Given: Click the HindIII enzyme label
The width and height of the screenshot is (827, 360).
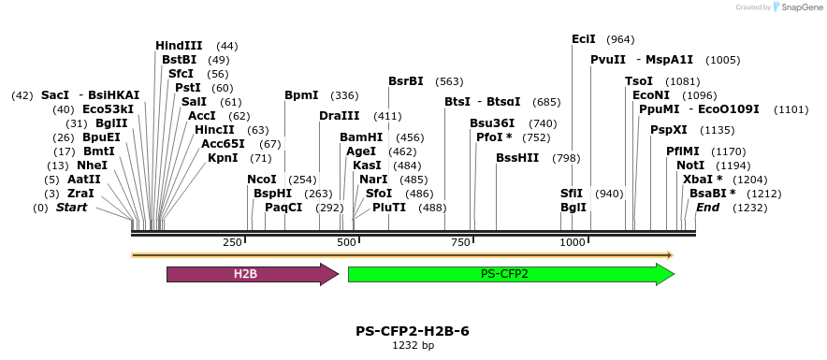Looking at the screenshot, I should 179,46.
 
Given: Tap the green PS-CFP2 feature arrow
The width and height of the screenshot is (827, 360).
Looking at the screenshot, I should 510,274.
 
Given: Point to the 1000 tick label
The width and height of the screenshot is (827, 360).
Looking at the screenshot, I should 573,243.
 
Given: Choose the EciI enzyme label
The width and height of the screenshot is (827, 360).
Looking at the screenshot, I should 584,39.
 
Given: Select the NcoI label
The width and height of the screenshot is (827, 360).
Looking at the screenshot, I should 262,180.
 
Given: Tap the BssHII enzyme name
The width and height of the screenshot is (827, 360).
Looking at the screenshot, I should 517,157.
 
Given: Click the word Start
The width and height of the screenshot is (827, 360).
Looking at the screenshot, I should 72,208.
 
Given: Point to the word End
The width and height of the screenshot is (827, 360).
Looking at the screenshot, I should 708,208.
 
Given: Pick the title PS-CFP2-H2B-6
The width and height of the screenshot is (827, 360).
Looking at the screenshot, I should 413,330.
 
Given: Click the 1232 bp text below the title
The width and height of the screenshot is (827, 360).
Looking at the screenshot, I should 413,345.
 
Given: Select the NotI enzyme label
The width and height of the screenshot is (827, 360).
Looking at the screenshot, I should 690,166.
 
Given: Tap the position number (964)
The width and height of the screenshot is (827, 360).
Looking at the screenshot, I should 620,39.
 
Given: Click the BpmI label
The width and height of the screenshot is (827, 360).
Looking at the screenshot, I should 301,95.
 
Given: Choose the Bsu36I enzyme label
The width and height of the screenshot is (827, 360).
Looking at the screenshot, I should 492,123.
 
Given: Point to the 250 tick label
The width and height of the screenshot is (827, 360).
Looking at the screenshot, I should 233,243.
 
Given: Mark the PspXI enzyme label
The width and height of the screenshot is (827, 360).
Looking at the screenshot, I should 669,130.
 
